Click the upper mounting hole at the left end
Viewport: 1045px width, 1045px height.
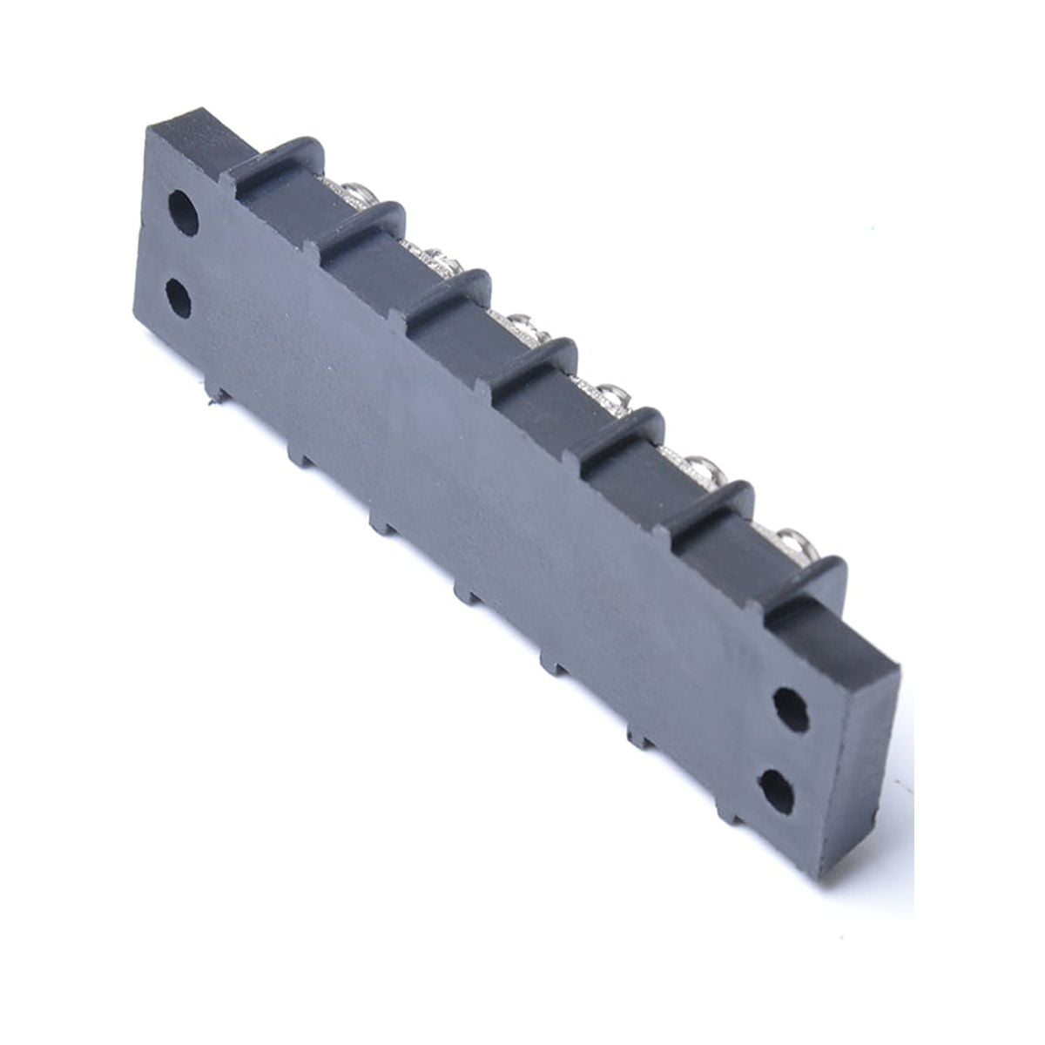coord(183,212)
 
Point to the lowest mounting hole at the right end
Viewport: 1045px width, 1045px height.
coord(777,791)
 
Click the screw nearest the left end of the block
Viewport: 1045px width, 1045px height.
coord(356,193)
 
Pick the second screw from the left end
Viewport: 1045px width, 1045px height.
coord(443,260)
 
